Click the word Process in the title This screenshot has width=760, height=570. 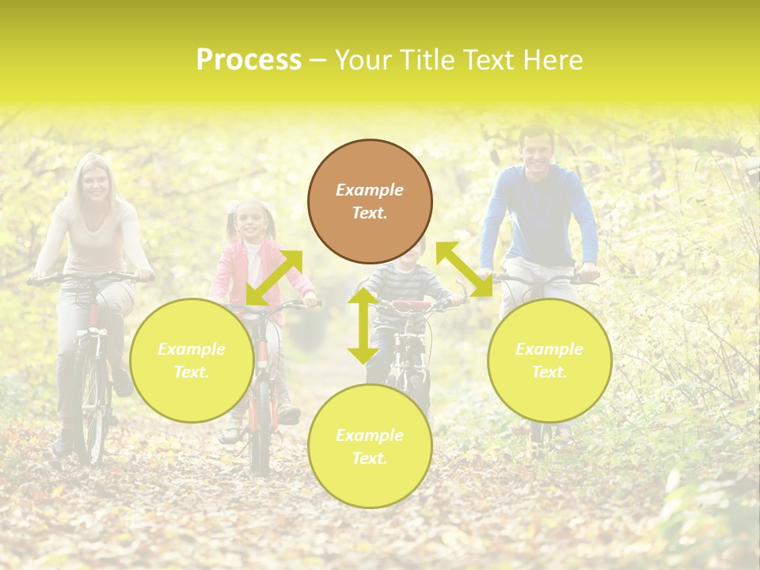(x=249, y=60)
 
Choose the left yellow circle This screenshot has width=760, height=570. (x=192, y=360)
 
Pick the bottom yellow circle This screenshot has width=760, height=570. (x=370, y=446)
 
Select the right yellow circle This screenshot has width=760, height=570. (x=549, y=360)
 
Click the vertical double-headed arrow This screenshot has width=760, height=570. (x=363, y=325)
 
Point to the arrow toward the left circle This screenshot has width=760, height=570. (x=274, y=277)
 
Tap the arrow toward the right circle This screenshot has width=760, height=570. (x=464, y=269)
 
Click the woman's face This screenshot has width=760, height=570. (x=96, y=183)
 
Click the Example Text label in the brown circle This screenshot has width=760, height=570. (x=370, y=201)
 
